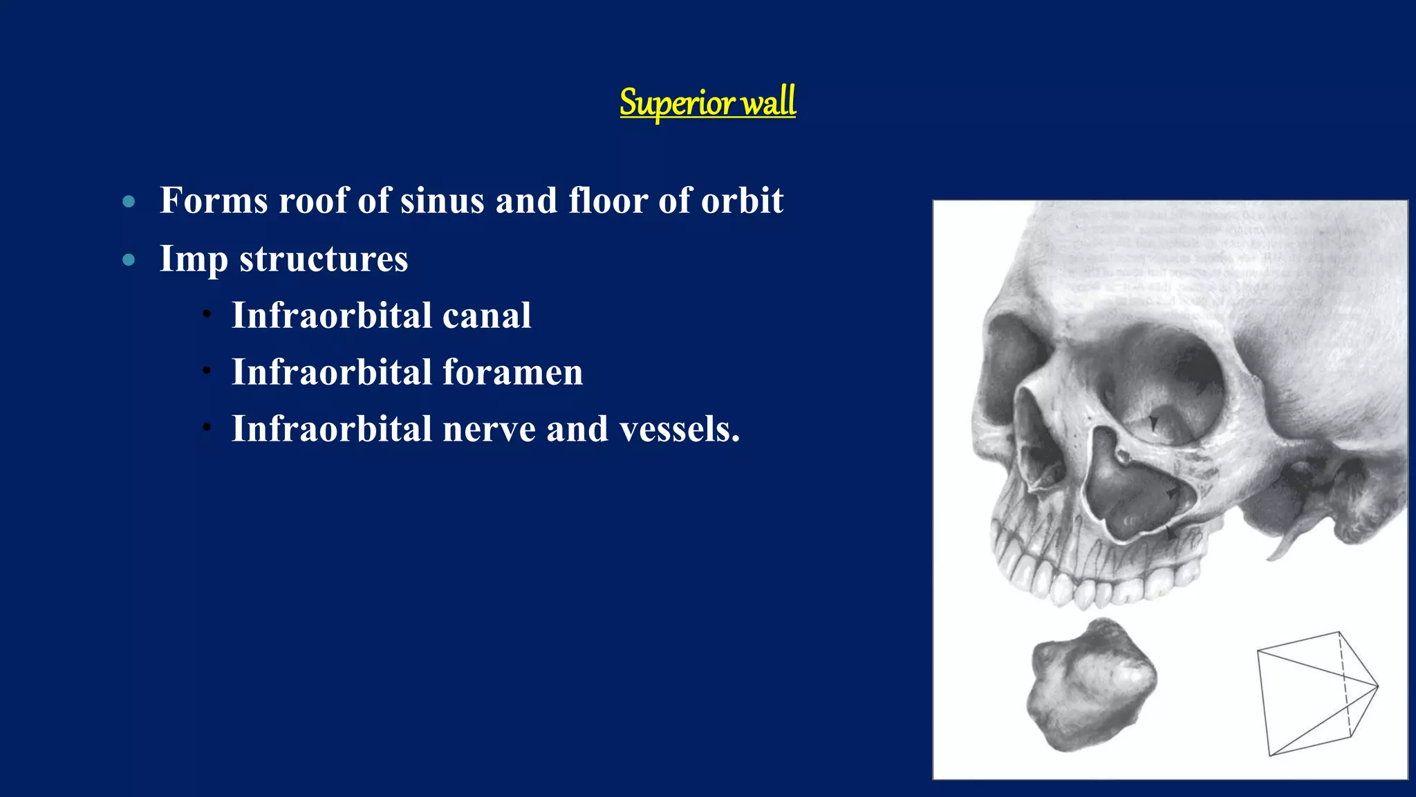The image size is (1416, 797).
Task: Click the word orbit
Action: pyautogui.click(x=742, y=201)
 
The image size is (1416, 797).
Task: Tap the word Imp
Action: pyautogui.click(x=194, y=259)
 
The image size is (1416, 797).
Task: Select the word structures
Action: pyautogui.click(x=324, y=259)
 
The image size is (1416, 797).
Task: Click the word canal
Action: pyautogui.click(x=487, y=315)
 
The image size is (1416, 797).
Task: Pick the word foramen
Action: pyautogui.click(x=513, y=372)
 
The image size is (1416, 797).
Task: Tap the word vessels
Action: pyautogui.click(x=680, y=429)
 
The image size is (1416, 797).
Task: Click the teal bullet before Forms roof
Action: pyautogui.click(x=129, y=202)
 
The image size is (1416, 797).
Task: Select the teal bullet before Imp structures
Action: pyautogui.click(x=129, y=260)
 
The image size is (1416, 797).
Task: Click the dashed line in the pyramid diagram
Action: pyautogui.click(x=1345, y=685)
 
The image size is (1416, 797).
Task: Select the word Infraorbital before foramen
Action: pyautogui.click(x=332, y=372)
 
